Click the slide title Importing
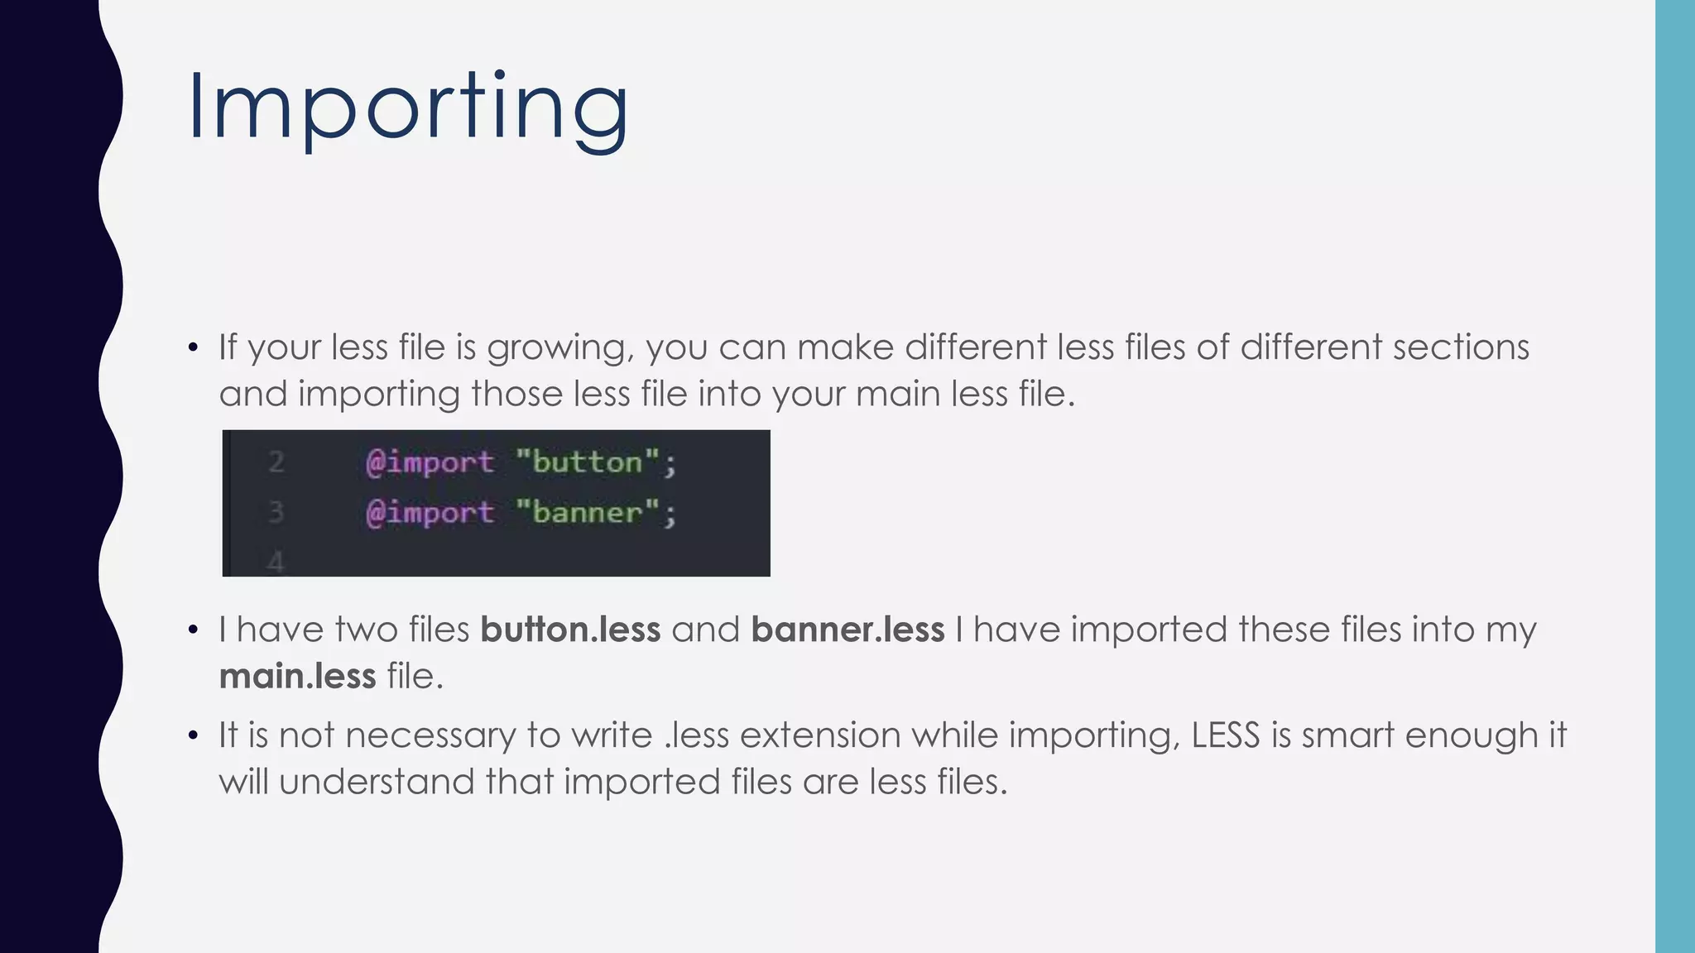(408, 108)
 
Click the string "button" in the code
(587, 462)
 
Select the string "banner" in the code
(587, 513)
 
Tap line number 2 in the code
(276, 462)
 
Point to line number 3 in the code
(276, 513)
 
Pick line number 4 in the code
(276, 563)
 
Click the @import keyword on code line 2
(430, 462)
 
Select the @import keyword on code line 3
(430, 513)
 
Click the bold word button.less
(570, 630)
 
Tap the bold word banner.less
(847, 630)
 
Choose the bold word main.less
(297, 677)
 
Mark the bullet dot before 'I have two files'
(193, 630)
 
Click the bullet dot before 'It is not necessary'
(193, 735)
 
